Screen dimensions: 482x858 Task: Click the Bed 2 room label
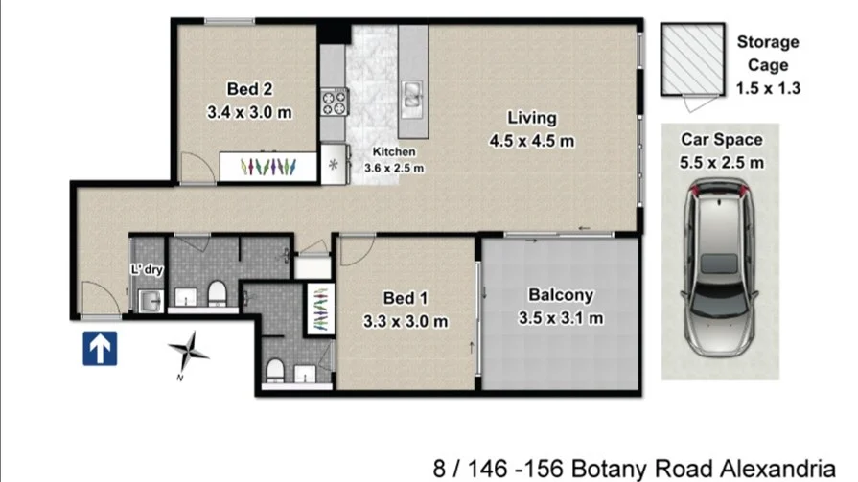point(248,89)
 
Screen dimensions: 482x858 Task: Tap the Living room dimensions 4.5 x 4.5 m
point(532,142)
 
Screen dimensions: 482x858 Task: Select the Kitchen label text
point(393,152)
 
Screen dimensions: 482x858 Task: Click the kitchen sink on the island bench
point(413,93)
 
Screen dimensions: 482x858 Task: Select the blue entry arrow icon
point(99,349)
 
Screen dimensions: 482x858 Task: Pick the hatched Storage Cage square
point(689,59)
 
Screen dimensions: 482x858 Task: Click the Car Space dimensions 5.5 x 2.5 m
point(722,162)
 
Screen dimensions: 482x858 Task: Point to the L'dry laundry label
point(147,270)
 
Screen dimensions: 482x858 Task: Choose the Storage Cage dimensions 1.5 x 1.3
point(768,88)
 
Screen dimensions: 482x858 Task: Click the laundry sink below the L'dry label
point(150,301)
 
